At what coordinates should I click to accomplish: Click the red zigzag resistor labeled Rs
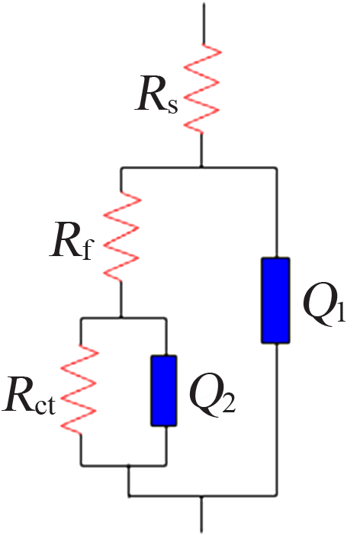[x=202, y=88]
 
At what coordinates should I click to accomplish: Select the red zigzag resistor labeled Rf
[x=121, y=237]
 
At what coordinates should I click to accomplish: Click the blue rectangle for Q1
[x=275, y=300]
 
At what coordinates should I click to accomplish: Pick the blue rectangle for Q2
[x=164, y=391]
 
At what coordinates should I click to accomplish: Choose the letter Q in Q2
[x=207, y=395]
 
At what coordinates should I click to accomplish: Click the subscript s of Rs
[x=173, y=105]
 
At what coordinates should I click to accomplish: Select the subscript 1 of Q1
[x=341, y=310]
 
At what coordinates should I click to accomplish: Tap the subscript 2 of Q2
[x=229, y=402]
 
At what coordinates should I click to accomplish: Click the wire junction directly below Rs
[x=201, y=167]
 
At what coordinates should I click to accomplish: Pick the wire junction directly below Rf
[x=121, y=318]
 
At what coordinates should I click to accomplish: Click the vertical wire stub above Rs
[x=204, y=24]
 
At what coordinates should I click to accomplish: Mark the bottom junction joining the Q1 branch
[x=201, y=496]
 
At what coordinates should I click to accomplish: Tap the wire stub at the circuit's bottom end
[x=201, y=514]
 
